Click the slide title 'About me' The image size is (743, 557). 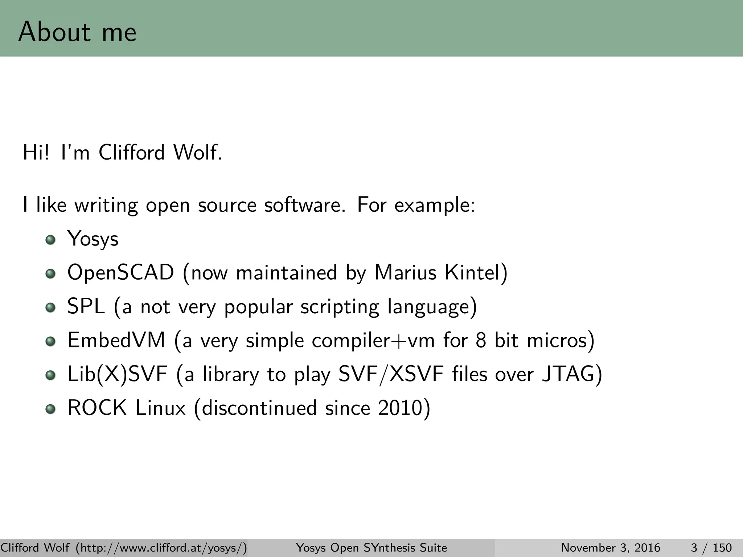point(77,32)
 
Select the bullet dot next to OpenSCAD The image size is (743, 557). point(51,274)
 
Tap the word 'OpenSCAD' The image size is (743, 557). point(121,273)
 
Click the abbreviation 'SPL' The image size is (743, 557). point(86,306)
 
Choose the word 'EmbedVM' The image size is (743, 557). point(116,341)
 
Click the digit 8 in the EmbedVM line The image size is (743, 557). point(481,341)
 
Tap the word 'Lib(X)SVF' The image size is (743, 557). point(118,374)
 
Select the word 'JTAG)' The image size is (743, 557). point(572,374)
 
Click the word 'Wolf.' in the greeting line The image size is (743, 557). point(198,152)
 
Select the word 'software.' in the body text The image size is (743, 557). point(305,205)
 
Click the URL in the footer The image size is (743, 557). point(161,548)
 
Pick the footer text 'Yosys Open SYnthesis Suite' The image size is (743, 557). point(371,548)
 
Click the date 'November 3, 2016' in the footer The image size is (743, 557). point(611,548)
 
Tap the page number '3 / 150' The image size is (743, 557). point(711,548)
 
